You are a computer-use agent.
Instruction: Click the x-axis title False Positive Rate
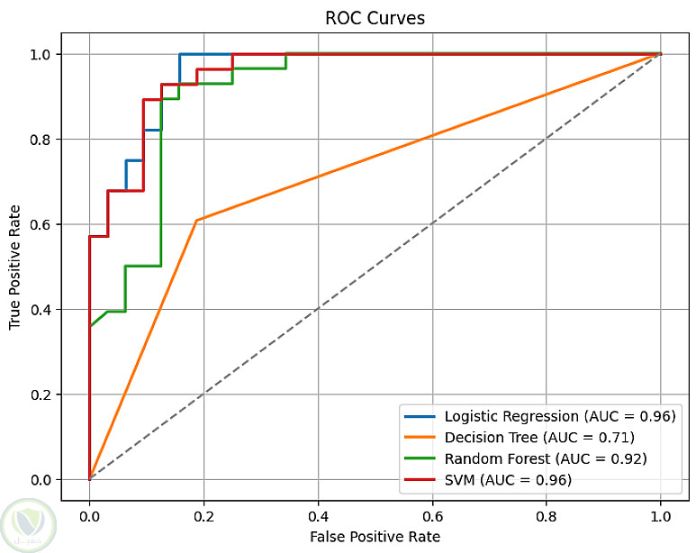pyautogui.click(x=375, y=537)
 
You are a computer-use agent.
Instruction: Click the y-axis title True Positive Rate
pyautogui.click(x=15, y=267)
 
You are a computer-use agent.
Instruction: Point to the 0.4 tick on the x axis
pyautogui.click(x=318, y=516)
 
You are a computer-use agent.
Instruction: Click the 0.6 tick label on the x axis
pyautogui.click(x=432, y=516)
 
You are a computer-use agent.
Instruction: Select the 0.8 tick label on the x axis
pyautogui.click(x=547, y=516)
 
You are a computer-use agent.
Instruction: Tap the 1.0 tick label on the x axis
pyautogui.click(x=661, y=516)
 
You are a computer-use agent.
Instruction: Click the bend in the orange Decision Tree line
pyautogui.click(x=196, y=220)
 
